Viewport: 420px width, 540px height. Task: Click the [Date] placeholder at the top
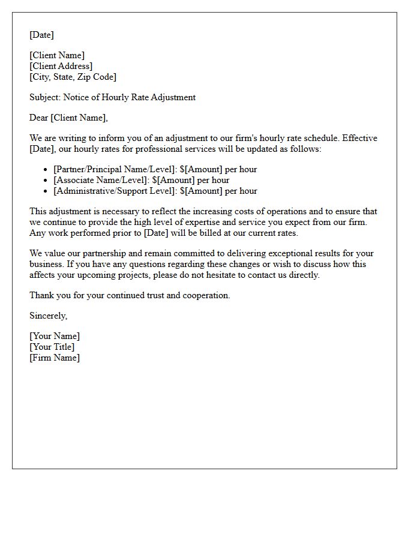[41, 35]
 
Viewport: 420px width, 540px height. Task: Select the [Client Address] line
[61, 66]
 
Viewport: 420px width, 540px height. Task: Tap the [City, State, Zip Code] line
[73, 77]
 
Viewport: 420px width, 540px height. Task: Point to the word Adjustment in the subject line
[173, 97]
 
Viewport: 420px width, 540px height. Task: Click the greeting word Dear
[38, 118]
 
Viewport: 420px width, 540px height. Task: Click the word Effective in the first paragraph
[360, 138]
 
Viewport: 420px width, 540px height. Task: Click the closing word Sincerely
[48, 316]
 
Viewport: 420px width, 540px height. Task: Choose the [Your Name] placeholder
[54, 336]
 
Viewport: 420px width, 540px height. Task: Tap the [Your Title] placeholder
[52, 347]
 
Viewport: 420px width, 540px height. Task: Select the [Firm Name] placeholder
[54, 358]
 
